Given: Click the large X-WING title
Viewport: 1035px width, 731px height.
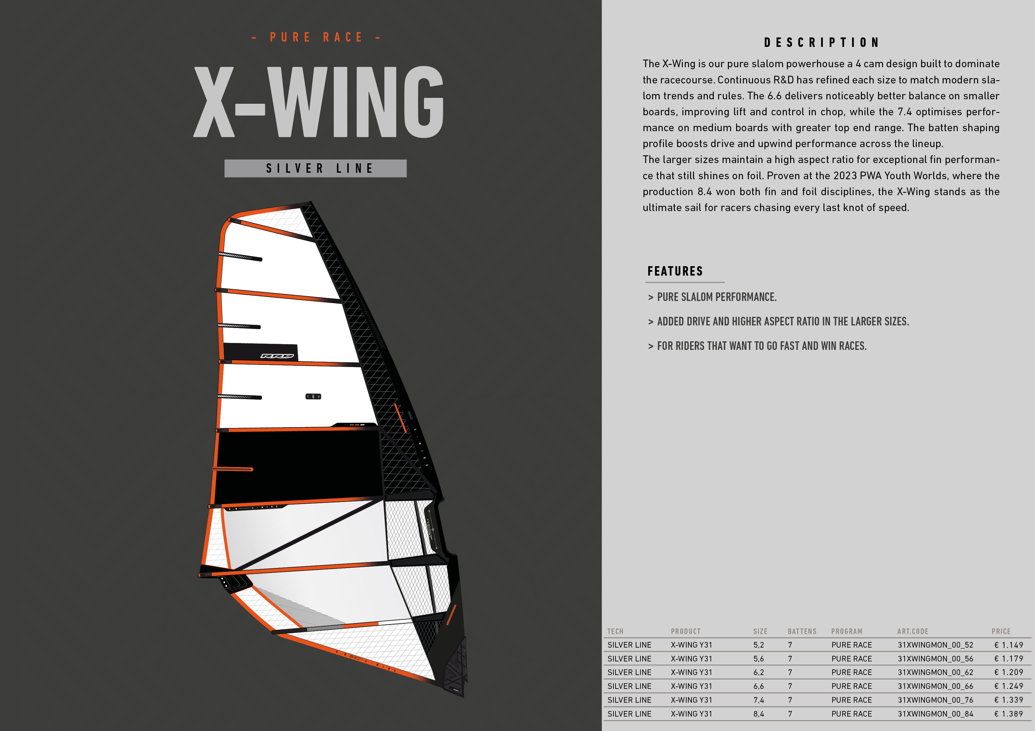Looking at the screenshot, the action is [x=319, y=102].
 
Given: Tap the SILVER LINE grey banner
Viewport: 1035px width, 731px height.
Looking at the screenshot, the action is [x=316, y=168].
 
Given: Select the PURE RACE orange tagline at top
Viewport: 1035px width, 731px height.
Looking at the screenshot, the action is [x=316, y=37].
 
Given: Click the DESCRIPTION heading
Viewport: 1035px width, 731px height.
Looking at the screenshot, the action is [x=821, y=43].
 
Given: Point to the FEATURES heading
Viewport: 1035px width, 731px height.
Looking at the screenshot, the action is [x=675, y=271].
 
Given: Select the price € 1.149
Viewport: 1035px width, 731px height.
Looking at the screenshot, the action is [x=1009, y=645].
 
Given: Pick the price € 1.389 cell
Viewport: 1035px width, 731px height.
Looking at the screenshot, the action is [x=1009, y=714].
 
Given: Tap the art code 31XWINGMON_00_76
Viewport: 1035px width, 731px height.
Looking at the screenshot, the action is [x=935, y=700].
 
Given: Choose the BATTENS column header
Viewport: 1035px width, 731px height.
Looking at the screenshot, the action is [x=802, y=631].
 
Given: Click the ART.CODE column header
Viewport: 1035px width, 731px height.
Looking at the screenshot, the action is [x=913, y=631].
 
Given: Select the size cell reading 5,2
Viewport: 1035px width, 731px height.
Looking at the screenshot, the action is [x=759, y=645].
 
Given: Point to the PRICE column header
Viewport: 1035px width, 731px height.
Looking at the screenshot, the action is [x=1001, y=631].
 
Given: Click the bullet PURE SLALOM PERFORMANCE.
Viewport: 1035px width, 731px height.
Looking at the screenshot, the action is [x=717, y=297].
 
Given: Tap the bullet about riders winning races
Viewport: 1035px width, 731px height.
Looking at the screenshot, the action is [x=762, y=346].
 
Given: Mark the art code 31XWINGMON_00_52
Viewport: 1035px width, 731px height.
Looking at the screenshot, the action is [x=935, y=645].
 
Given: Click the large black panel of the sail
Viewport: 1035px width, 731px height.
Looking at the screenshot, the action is [x=297, y=466].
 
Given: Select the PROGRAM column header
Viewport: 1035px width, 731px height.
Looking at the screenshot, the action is [x=846, y=631].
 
